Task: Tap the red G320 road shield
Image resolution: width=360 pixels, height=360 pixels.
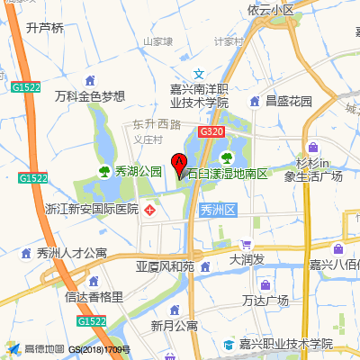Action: pyautogui.click(x=211, y=132)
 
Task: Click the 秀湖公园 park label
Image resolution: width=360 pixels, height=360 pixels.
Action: pyautogui.click(x=138, y=170)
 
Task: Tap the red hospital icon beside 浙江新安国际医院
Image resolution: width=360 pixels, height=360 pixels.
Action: pyautogui.click(x=150, y=210)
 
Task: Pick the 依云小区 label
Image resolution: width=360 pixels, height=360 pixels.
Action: pyautogui.click(x=271, y=10)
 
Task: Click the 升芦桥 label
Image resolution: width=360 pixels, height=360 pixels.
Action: pyautogui.click(x=45, y=28)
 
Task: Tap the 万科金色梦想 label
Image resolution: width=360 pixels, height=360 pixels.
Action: pyautogui.click(x=89, y=96)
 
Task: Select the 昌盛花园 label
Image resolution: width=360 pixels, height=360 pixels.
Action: pyautogui.click(x=288, y=102)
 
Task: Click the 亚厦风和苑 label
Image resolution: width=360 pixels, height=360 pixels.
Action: pyautogui.click(x=165, y=267)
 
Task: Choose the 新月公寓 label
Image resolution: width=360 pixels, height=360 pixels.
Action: pyautogui.click(x=174, y=325)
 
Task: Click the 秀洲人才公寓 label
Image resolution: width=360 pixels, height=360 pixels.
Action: pyautogui.click(x=66, y=253)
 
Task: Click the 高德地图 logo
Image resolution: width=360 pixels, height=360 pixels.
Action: pyautogui.click(x=36, y=349)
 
